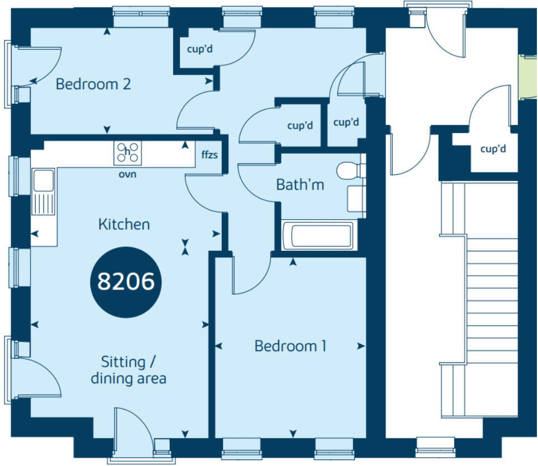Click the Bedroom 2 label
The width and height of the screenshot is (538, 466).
point(94,84)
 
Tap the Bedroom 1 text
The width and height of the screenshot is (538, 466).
point(290,346)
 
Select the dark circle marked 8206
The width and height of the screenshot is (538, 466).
point(125,282)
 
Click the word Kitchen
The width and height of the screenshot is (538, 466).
point(124,225)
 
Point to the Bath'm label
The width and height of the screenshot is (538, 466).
point(300,185)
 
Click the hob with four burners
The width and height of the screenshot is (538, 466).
point(128,153)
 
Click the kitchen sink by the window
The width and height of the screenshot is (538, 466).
point(43,192)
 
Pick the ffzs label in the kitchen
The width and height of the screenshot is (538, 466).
point(210,155)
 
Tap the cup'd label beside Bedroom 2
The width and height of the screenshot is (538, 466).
point(200,49)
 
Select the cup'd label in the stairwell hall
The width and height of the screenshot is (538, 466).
point(493,149)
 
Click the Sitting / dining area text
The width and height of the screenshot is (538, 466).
point(128,371)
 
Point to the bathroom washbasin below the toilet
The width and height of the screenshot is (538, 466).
point(355,198)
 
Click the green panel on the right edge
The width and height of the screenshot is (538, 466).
point(522,77)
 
